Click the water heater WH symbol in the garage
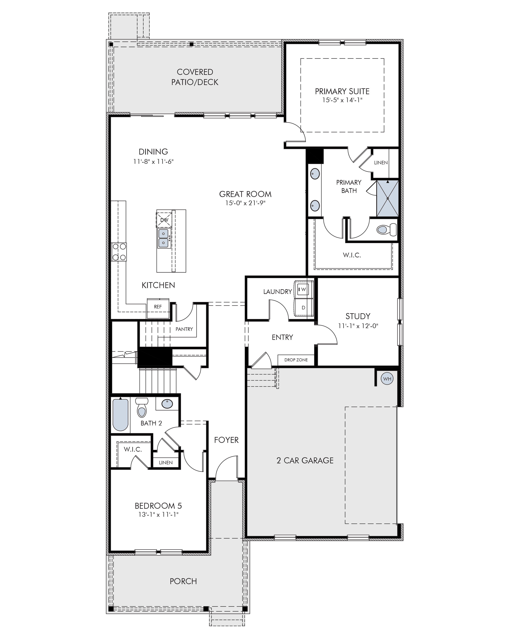[387, 379]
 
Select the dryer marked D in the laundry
[303, 307]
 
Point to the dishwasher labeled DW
[164, 220]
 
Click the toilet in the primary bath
[387, 229]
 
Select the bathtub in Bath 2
[120, 415]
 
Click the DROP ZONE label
[296, 360]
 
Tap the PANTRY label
[184, 329]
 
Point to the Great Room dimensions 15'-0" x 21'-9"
[245, 203]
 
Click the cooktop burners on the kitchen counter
[119, 252]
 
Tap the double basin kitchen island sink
[164, 238]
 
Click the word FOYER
[226, 440]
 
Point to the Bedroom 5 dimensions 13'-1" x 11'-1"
[158, 514]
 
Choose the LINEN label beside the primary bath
[381, 163]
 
